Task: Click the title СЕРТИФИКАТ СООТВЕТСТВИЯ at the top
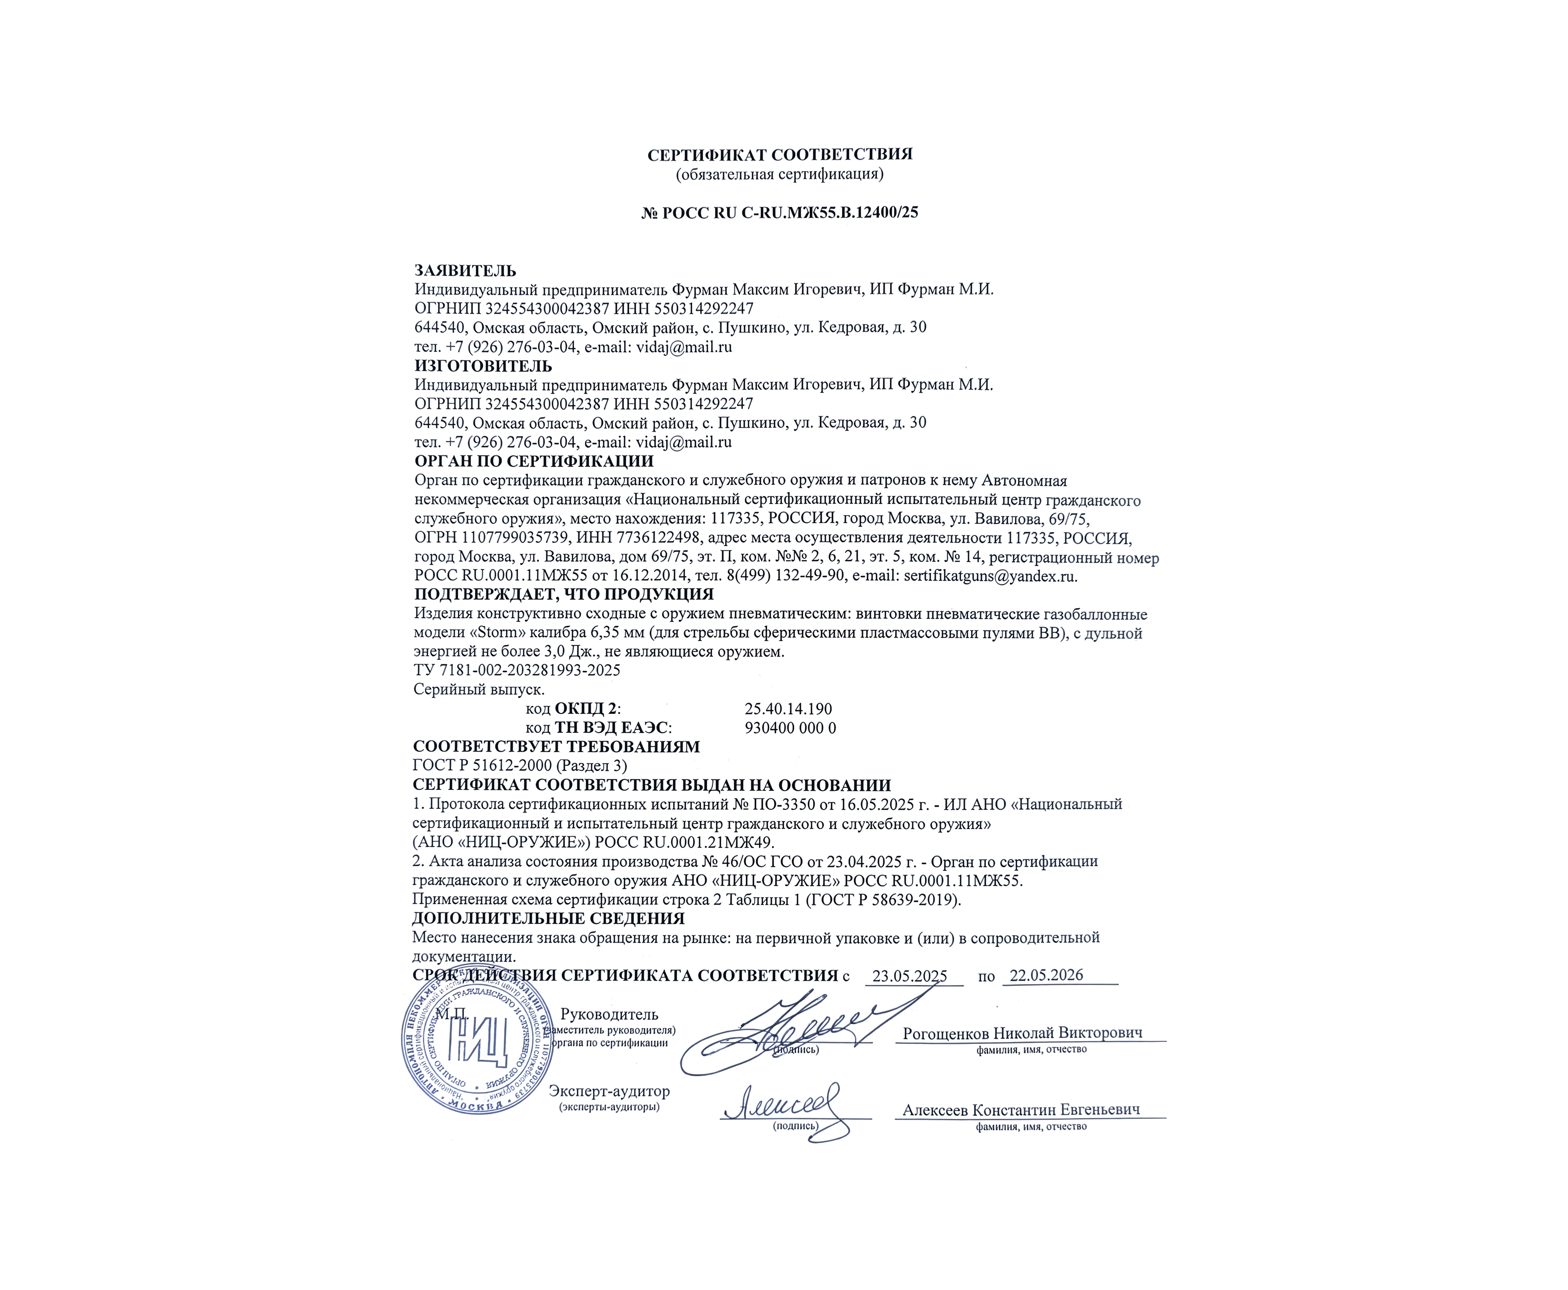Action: pyautogui.click(x=780, y=155)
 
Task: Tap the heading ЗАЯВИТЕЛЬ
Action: pyautogui.click(x=465, y=270)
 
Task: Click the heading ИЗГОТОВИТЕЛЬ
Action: pyautogui.click(x=483, y=366)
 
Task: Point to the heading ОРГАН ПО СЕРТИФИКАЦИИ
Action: pyautogui.click(x=533, y=461)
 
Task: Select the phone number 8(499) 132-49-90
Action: pyautogui.click(x=788, y=576)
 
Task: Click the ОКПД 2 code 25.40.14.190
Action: pyautogui.click(x=787, y=709)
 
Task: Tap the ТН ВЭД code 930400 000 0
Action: pyautogui.click(x=790, y=728)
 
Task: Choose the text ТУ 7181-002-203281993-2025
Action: pyautogui.click(x=517, y=670)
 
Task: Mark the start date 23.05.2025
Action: pyautogui.click(x=909, y=975)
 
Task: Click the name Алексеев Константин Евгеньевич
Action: pyautogui.click(x=1021, y=1109)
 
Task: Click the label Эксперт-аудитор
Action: pyautogui.click(x=609, y=1092)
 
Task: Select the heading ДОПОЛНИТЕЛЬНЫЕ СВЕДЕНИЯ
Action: pyautogui.click(x=548, y=918)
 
